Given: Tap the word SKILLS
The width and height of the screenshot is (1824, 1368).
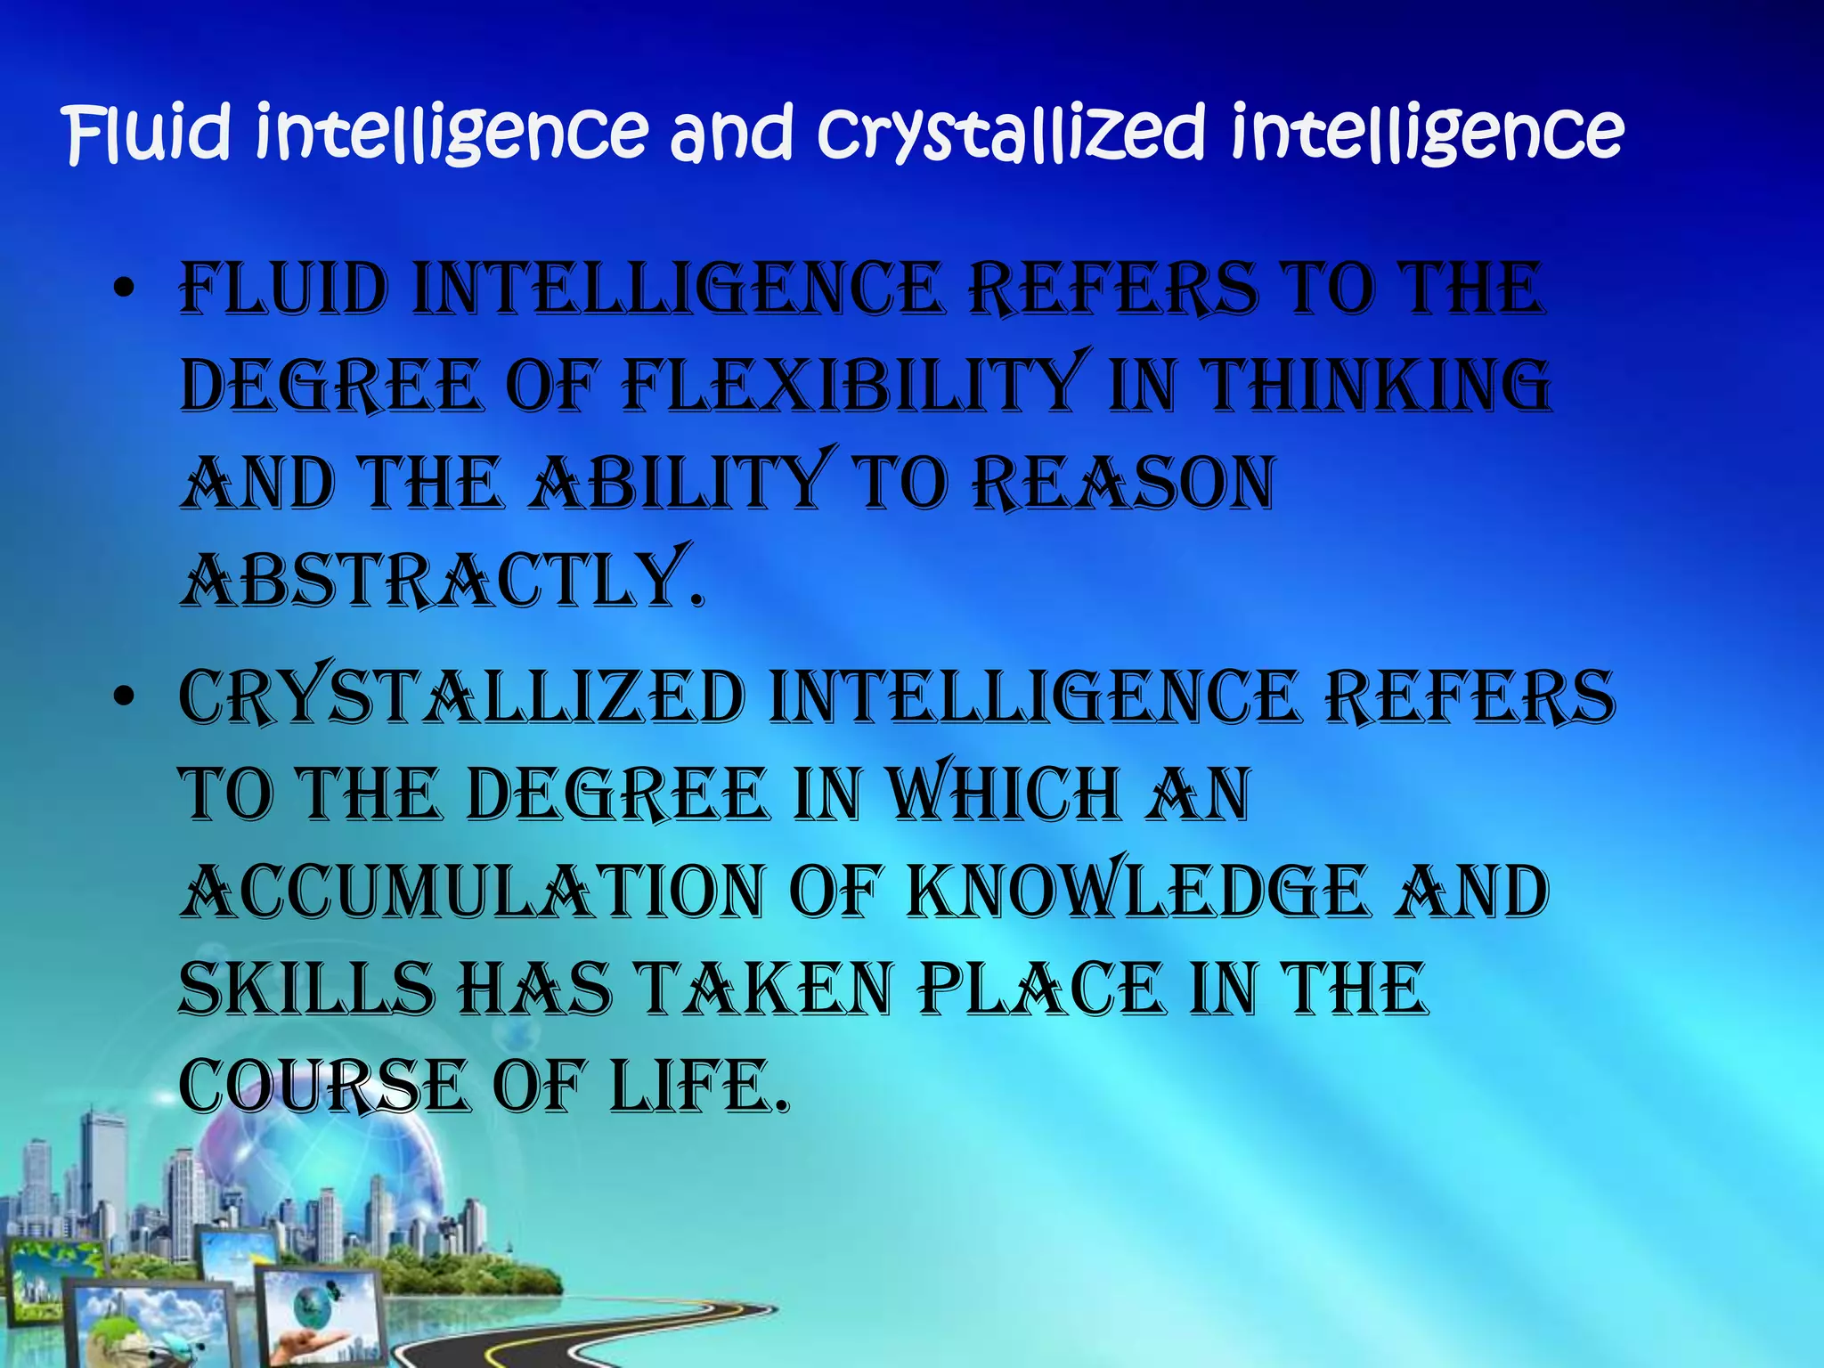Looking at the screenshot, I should (306, 989).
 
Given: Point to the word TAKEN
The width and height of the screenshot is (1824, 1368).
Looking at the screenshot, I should (766, 989).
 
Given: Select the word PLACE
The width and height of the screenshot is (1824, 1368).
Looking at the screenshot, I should (1041, 989).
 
